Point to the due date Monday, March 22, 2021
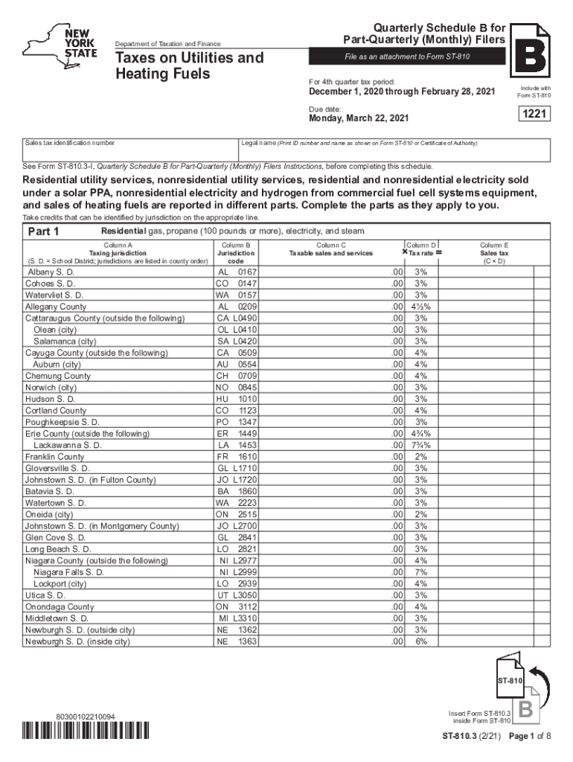[359, 118]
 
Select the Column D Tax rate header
[422, 249]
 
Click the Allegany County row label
[56, 307]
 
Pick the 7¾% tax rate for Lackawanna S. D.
[421, 445]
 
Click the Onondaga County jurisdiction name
[60, 606]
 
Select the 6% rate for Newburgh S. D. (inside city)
[421, 641]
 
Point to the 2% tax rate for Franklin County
[421, 456]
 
